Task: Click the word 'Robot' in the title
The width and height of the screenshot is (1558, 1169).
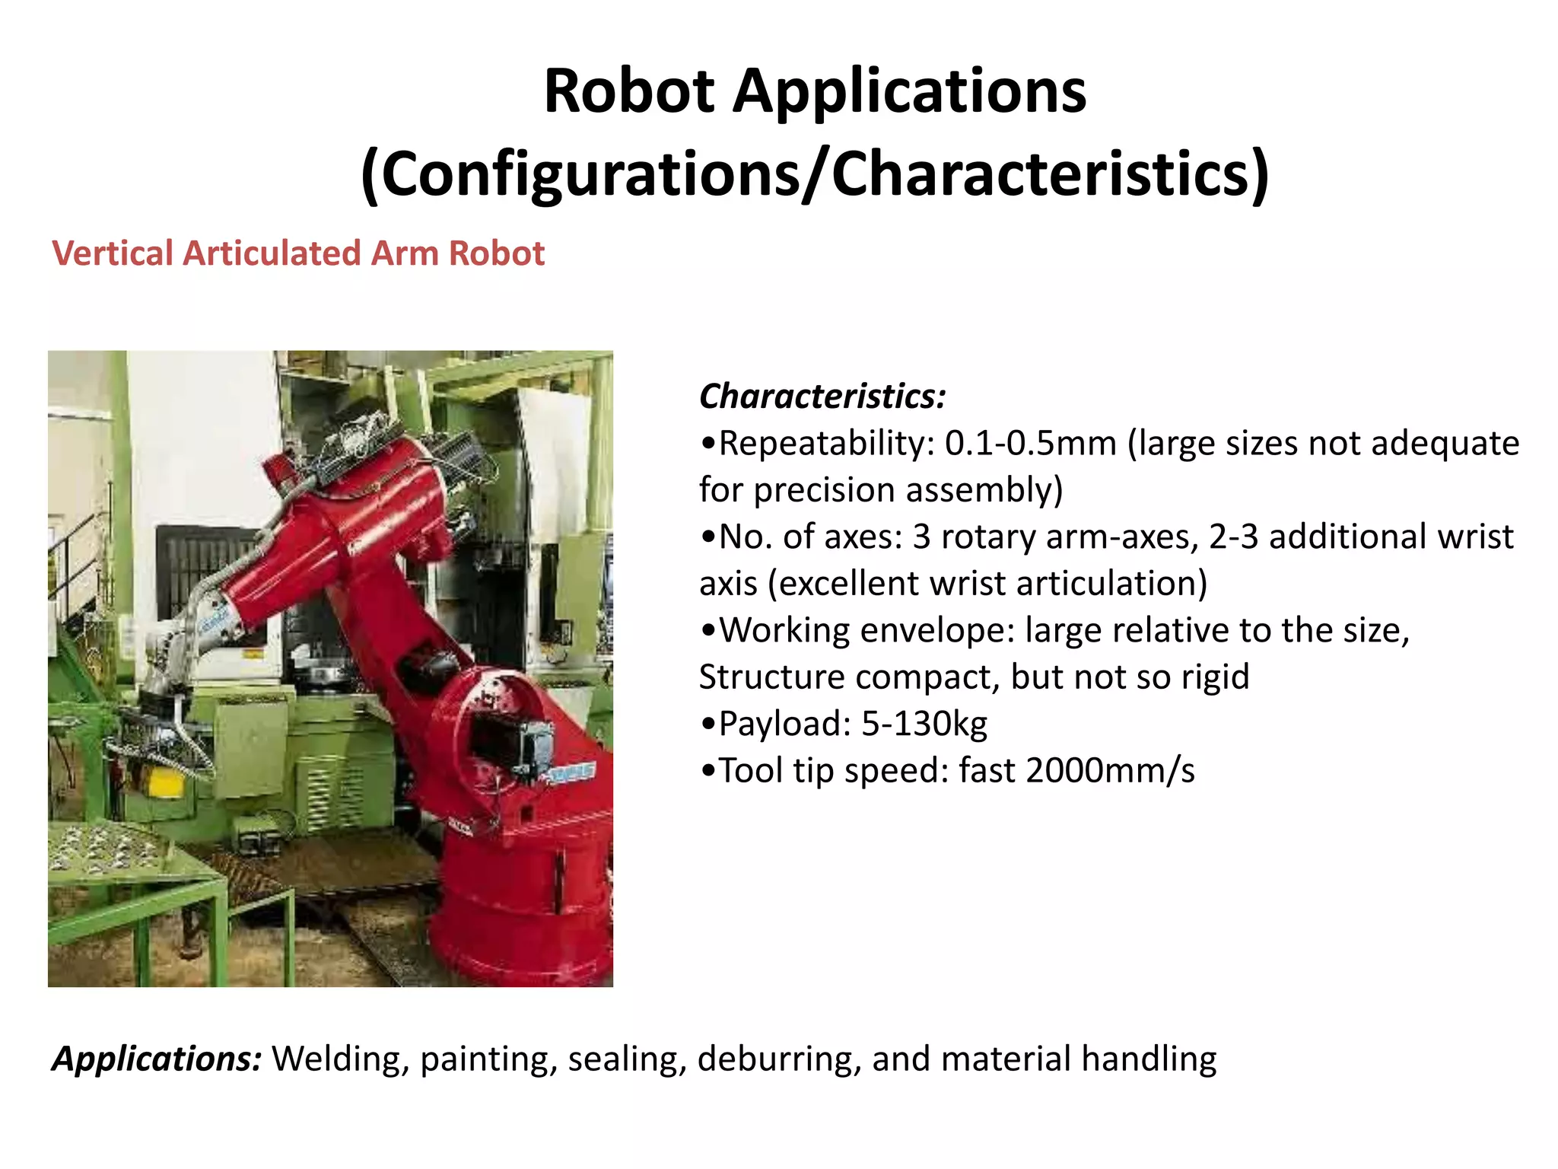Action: click(x=629, y=91)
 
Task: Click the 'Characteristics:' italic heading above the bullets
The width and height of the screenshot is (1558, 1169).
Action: click(x=822, y=397)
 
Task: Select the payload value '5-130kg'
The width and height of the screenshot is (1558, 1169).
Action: click(x=924, y=724)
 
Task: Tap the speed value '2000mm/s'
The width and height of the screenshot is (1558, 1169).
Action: click(x=1111, y=771)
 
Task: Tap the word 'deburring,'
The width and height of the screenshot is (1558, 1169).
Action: click(x=779, y=1059)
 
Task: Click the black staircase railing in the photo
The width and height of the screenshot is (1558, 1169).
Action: click(x=76, y=563)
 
